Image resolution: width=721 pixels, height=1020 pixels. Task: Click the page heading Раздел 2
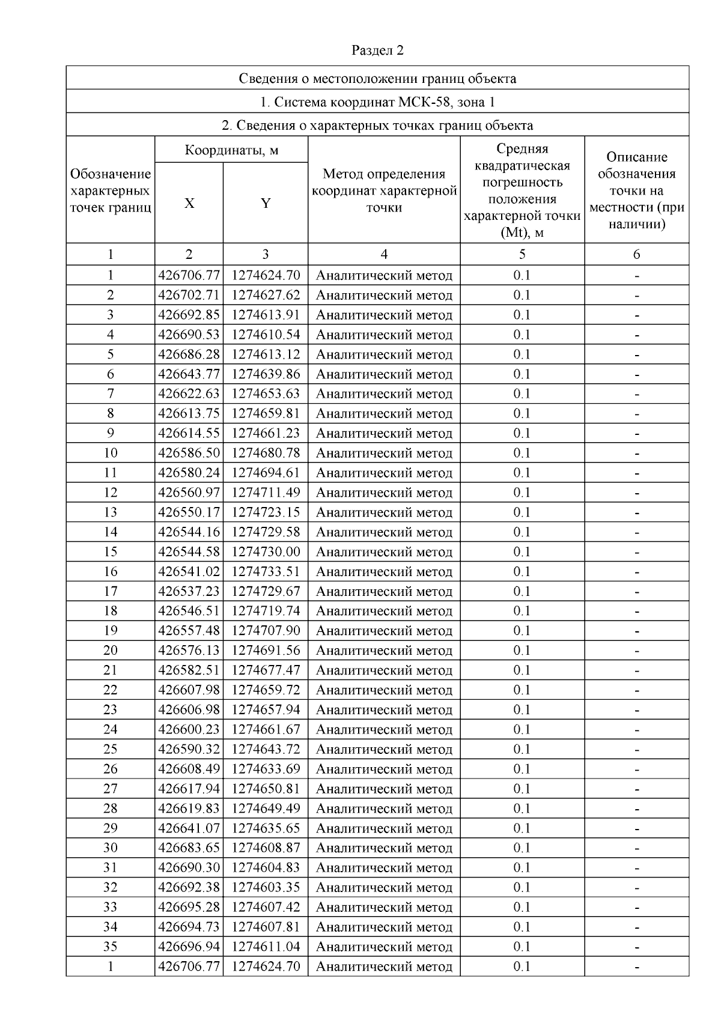coord(377,50)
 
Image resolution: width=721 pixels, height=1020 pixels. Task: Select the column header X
coord(189,204)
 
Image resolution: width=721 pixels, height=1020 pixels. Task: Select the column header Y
coord(266,204)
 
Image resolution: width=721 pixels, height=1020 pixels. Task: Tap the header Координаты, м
coord(231,150)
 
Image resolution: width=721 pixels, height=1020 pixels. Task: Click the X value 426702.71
coord(189,296)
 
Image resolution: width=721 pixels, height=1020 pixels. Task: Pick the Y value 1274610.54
coord(266,335)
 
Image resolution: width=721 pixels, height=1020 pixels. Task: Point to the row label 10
coord(111,453)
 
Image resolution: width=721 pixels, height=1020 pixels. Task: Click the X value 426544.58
coord(189,552)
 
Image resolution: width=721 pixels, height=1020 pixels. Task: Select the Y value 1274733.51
coord(266,571)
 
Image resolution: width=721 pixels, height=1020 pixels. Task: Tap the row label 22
coord(111,690)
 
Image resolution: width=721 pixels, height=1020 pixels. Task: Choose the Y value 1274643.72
coord(266,749)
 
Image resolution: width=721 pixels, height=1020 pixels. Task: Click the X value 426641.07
coord(189,828)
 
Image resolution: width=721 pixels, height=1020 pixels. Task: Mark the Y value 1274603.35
coord(266,887)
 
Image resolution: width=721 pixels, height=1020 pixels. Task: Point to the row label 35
coord(111,947)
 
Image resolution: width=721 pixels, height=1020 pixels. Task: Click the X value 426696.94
coord(189,947)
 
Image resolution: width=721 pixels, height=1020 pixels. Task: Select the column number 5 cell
coord(522,255)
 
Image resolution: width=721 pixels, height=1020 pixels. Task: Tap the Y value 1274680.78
coord(266,453)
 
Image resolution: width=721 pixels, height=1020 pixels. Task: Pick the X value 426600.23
coord(189,729)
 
